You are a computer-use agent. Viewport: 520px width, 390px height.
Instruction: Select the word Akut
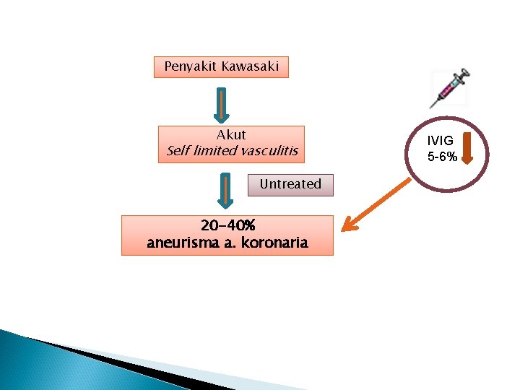[231, 135]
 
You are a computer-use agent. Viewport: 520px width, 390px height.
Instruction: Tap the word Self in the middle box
[178, 151]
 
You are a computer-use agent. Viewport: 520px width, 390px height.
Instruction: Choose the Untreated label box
[290, 184]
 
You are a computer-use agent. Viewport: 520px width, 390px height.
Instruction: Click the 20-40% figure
[227, 226]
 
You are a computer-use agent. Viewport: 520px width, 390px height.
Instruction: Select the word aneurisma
[181, 243]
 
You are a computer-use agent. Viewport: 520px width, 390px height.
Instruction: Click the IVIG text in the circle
[441, 142]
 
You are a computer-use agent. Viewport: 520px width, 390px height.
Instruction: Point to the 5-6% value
[441, 157]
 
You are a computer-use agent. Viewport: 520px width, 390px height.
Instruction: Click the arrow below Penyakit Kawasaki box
[222, 105]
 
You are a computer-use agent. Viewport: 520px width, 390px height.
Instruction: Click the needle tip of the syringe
[432, 105]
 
